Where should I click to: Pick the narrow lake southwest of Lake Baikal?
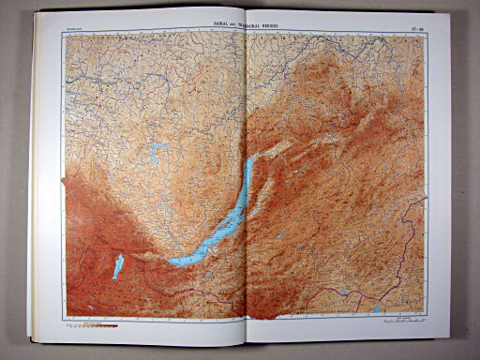point(118,267)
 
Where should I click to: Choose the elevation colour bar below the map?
point(94,328)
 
